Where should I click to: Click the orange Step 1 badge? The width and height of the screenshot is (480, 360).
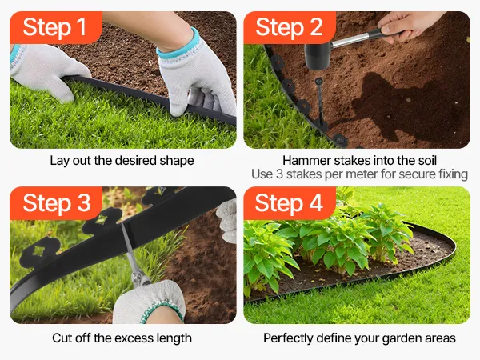[x=56, y=27]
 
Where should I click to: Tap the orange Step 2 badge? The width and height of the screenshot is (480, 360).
[x=290, y=27]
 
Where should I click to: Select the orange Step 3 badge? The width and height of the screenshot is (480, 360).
[x=56, y=203]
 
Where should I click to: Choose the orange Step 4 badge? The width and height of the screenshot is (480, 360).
[x=290, y=203]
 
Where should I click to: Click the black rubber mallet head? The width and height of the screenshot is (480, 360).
[x=318, y=56]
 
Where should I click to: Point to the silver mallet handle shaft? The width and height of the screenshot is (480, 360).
[x=352, y=41]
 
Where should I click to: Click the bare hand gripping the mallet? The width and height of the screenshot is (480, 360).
[x=407, y=26]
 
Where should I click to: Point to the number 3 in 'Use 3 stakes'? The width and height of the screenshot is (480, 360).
[x=279, y=174]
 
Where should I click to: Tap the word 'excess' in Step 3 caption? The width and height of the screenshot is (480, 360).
[x=134, y=338]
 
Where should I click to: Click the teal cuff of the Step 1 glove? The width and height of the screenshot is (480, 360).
[x=179, y=44]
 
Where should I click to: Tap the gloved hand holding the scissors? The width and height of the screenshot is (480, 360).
[x=149, y=302]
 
